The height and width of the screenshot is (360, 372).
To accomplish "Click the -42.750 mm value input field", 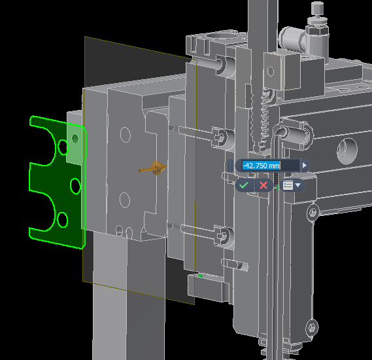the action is (x=271, y=166).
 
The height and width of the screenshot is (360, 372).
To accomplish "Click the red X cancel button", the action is (x=263, y=185).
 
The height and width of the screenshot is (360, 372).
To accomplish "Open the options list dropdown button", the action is (x=292, y=185).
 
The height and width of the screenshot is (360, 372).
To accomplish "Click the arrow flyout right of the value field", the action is (x=305, y=166).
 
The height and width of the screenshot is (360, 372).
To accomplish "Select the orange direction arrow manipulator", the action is (x=153, y=168).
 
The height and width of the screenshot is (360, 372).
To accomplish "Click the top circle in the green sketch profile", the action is (x=63, y=147).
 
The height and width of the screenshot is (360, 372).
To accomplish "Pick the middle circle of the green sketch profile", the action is (x=75, y=186).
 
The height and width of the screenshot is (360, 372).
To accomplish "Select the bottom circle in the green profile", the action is (x=62, y=220).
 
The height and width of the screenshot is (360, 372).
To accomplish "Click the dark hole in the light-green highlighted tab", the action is (x=75, y=139).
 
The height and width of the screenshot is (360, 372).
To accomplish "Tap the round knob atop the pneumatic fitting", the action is (x=317, y=8).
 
